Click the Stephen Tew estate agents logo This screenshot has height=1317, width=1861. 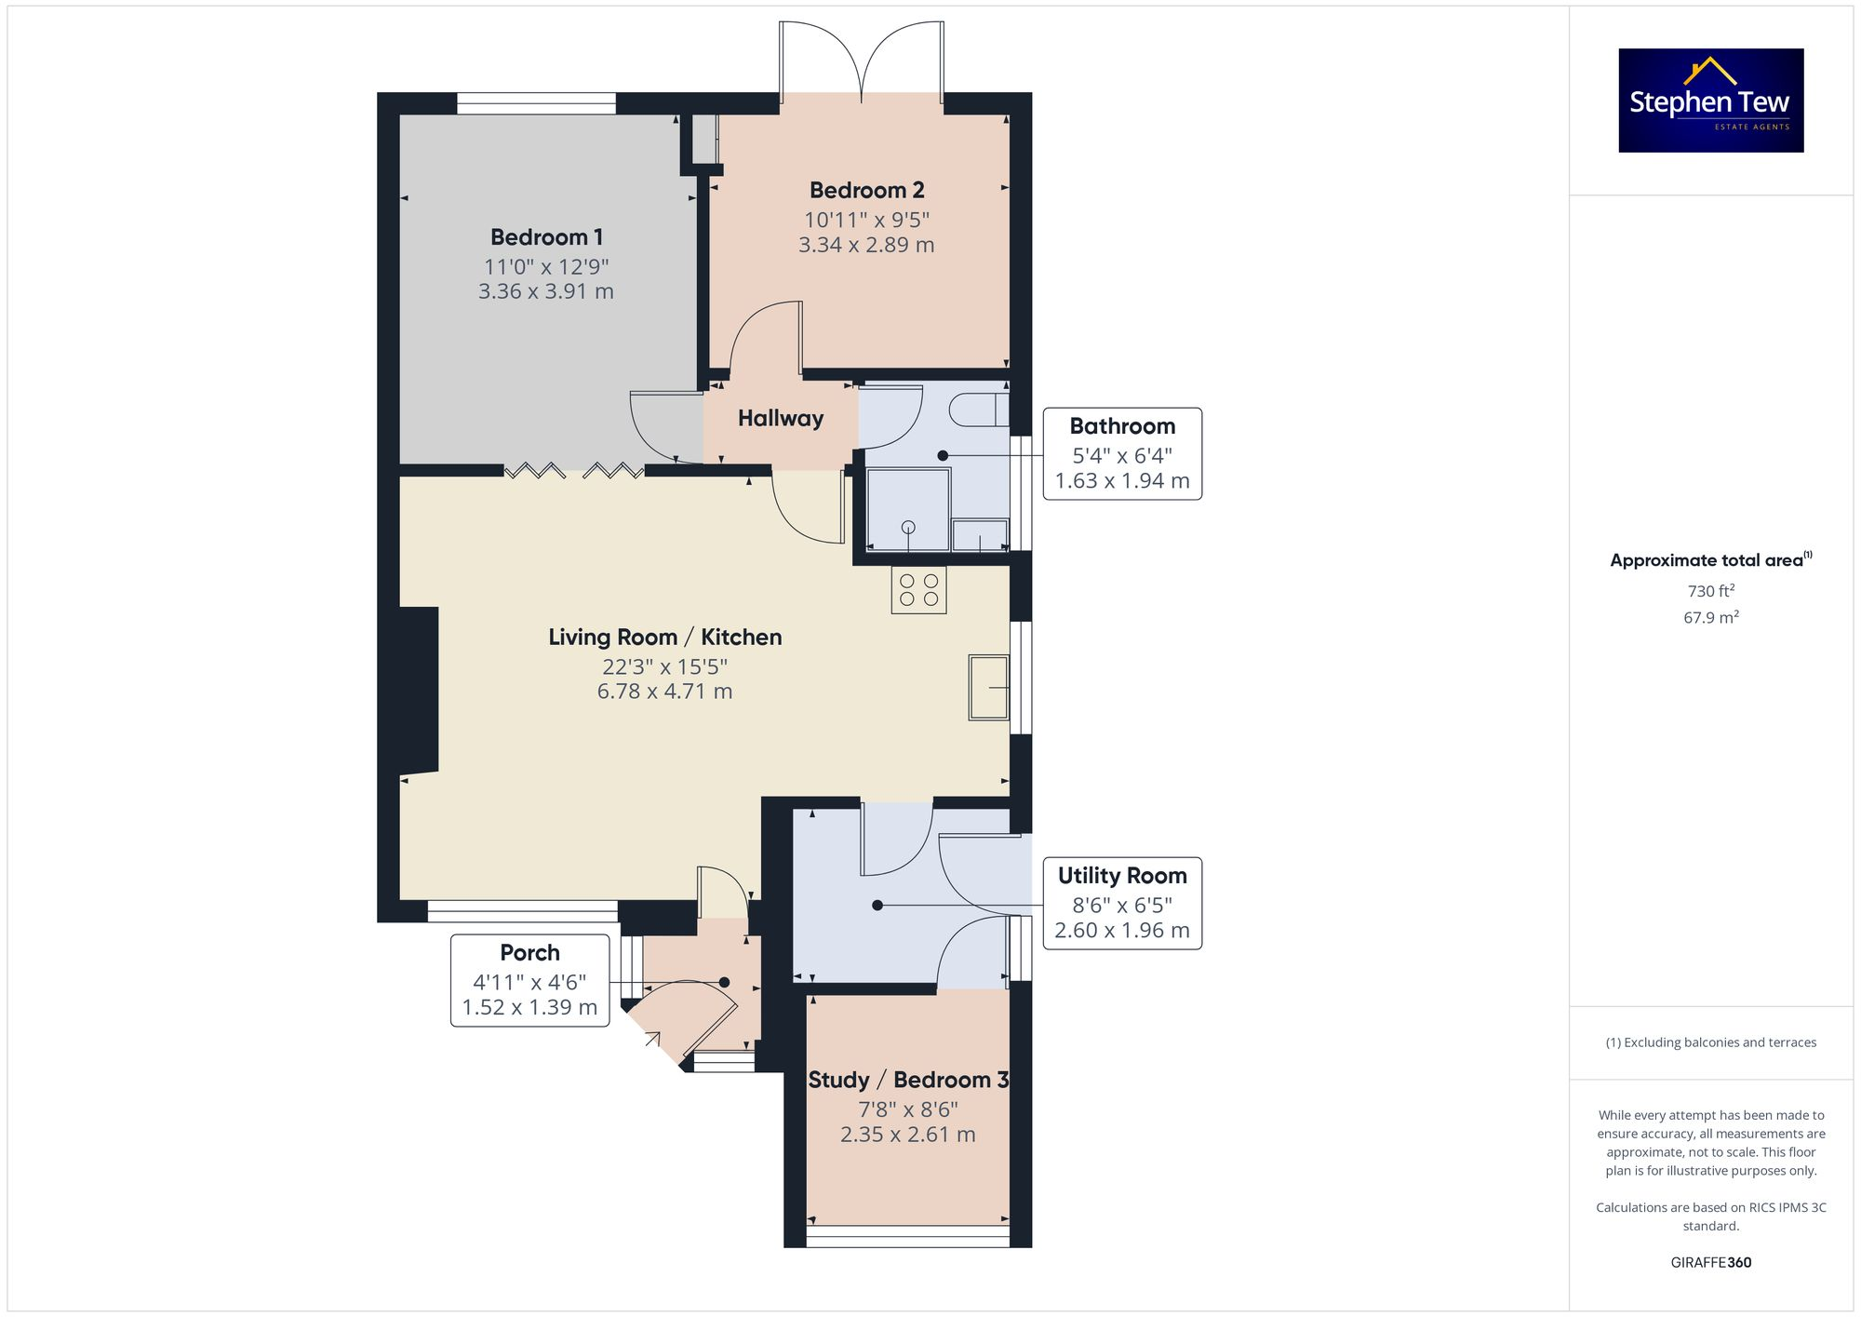coord(1710,101)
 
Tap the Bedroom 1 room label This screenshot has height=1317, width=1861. coord(546,236)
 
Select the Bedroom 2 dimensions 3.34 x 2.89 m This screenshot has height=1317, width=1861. coord(866,245)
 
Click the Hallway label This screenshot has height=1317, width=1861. coord(780,418)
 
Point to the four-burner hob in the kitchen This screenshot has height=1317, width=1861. coord(918,590)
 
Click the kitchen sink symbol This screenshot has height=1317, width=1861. coord(988,688)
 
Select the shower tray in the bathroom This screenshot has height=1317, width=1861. coord(908,510)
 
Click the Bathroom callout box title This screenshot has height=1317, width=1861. coord(1122,426)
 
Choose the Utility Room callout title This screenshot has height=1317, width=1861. coord(1122,876)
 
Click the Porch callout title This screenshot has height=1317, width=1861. coord(529,953)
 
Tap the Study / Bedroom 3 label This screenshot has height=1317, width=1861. coord(908,1080)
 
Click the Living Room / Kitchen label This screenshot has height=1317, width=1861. coord(664,638)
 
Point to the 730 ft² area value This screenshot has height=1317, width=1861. coord(1710,591)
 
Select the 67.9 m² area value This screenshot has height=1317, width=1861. coord(1710,617)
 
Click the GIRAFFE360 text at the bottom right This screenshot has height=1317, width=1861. coord(1710,1262)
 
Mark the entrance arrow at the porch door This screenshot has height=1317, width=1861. coord(652,1039)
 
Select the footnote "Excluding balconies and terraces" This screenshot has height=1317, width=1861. coord(1710,1042)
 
